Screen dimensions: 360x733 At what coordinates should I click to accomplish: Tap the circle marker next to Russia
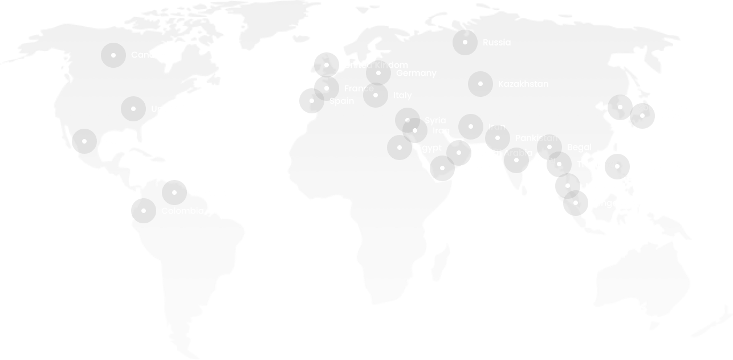[x=465, y=42]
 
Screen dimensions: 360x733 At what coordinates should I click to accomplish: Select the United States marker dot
[x=133, y=108]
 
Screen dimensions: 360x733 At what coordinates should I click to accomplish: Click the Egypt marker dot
[x=400, y=148]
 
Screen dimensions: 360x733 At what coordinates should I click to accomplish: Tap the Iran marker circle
[x=471, y=126]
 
